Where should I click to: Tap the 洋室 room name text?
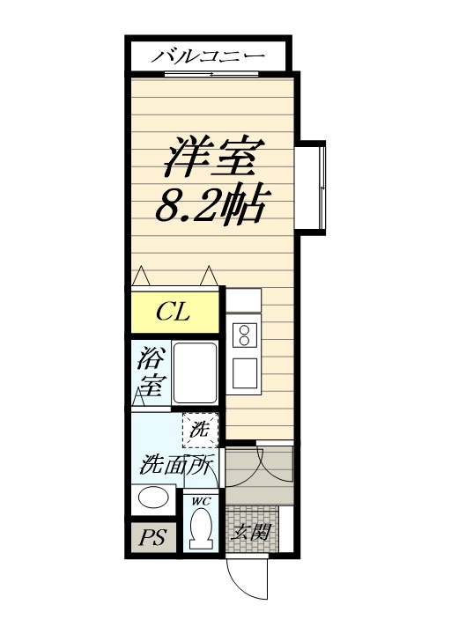(x=211, y=159)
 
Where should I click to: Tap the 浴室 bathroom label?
(x=152, y=372)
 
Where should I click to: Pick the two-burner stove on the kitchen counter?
(x=244, y=334)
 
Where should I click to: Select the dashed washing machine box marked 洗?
(x=199, y=431)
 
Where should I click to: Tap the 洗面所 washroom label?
(x=176, y=465)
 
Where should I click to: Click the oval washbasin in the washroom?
(x=153, y=498)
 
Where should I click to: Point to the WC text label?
(x=200, y=502)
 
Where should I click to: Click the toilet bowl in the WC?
(x=202, y=529)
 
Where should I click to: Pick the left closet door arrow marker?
(x=141, y=275)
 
